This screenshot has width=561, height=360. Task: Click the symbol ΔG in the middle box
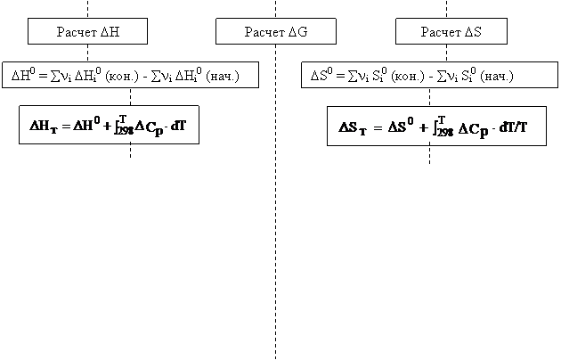[297, 32]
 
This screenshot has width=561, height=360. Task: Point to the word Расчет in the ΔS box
[441, 32]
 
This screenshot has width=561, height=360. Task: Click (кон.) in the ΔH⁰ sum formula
[122, 77]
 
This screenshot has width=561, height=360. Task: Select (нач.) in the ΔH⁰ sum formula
[223, 77]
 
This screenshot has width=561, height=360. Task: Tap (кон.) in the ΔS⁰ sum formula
[408, 77]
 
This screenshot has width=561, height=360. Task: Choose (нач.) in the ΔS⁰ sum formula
[497, 77]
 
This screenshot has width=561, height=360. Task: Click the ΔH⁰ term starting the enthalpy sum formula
[23, 75]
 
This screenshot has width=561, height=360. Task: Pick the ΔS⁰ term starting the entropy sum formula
[321, 75]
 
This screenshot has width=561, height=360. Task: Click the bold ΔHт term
[44, 126]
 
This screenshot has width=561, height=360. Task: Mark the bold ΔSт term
[353, 128]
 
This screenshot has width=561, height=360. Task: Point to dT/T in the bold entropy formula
[513, 127]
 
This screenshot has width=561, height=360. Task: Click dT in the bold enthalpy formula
[178, 126]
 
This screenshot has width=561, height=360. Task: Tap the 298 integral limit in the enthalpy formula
[126, 131]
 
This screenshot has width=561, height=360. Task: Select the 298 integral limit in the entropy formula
[445, 133]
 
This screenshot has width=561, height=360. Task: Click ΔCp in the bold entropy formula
[473, 129]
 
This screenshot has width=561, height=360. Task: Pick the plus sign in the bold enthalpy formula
[108, 127]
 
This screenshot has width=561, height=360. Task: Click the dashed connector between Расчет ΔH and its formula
[87, 53]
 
